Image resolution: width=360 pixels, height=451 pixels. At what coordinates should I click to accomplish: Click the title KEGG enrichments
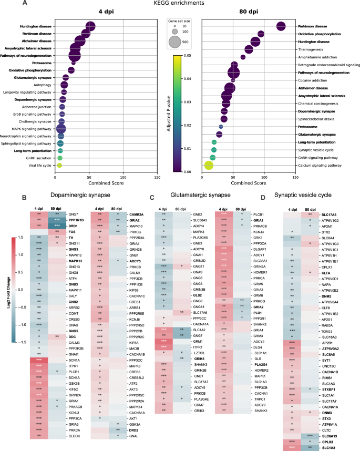tap(180, 4)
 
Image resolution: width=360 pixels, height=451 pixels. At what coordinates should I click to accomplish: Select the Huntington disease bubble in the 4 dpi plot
tap(90, 27)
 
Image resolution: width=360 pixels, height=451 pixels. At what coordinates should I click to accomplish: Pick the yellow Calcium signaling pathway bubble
tap(209, 166)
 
